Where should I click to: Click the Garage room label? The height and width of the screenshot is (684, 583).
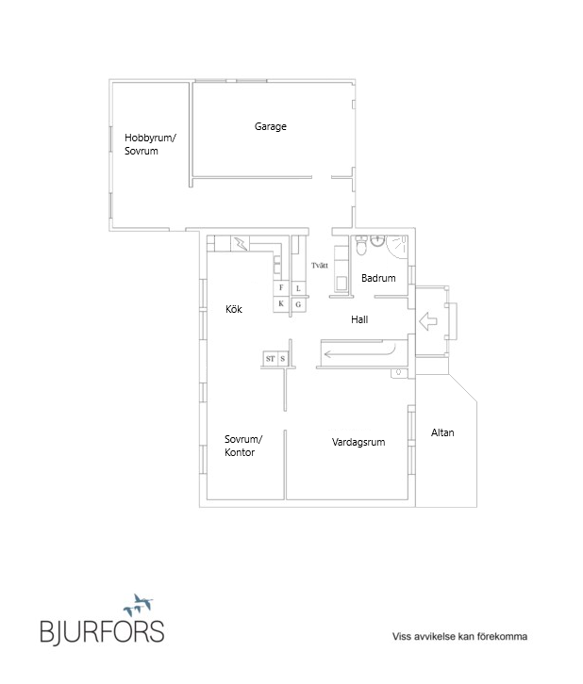271,126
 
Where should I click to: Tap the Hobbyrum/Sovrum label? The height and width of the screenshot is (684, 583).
150,144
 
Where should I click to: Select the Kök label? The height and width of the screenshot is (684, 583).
234,309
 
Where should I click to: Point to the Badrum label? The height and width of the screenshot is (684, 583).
378,278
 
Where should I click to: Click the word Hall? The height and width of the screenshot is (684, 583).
359,319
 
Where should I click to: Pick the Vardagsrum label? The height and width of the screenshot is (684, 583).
358,442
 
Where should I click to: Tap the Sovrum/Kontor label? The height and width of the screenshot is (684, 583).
243,446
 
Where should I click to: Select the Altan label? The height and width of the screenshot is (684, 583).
442,432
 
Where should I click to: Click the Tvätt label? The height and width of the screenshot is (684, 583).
319,266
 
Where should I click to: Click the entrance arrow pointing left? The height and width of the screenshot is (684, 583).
428,322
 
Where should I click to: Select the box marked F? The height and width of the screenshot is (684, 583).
281,287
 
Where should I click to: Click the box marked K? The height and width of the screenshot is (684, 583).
281,304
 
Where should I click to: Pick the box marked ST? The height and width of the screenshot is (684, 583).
271,359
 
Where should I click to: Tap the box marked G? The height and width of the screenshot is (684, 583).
298,304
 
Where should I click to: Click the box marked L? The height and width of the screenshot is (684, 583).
298,288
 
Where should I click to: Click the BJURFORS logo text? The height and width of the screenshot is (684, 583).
102,631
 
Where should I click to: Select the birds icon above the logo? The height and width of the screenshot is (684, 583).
139,604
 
